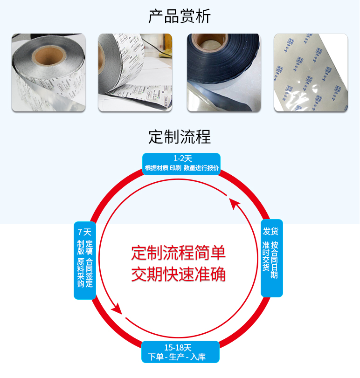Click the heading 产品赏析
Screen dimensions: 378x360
180,16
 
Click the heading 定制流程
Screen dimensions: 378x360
180,137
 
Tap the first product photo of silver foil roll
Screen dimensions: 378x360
48,73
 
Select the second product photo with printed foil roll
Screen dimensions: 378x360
135,73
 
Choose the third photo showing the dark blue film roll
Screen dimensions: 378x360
223,73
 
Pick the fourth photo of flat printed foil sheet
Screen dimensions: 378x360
311,73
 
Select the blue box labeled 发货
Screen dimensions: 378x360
271,258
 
